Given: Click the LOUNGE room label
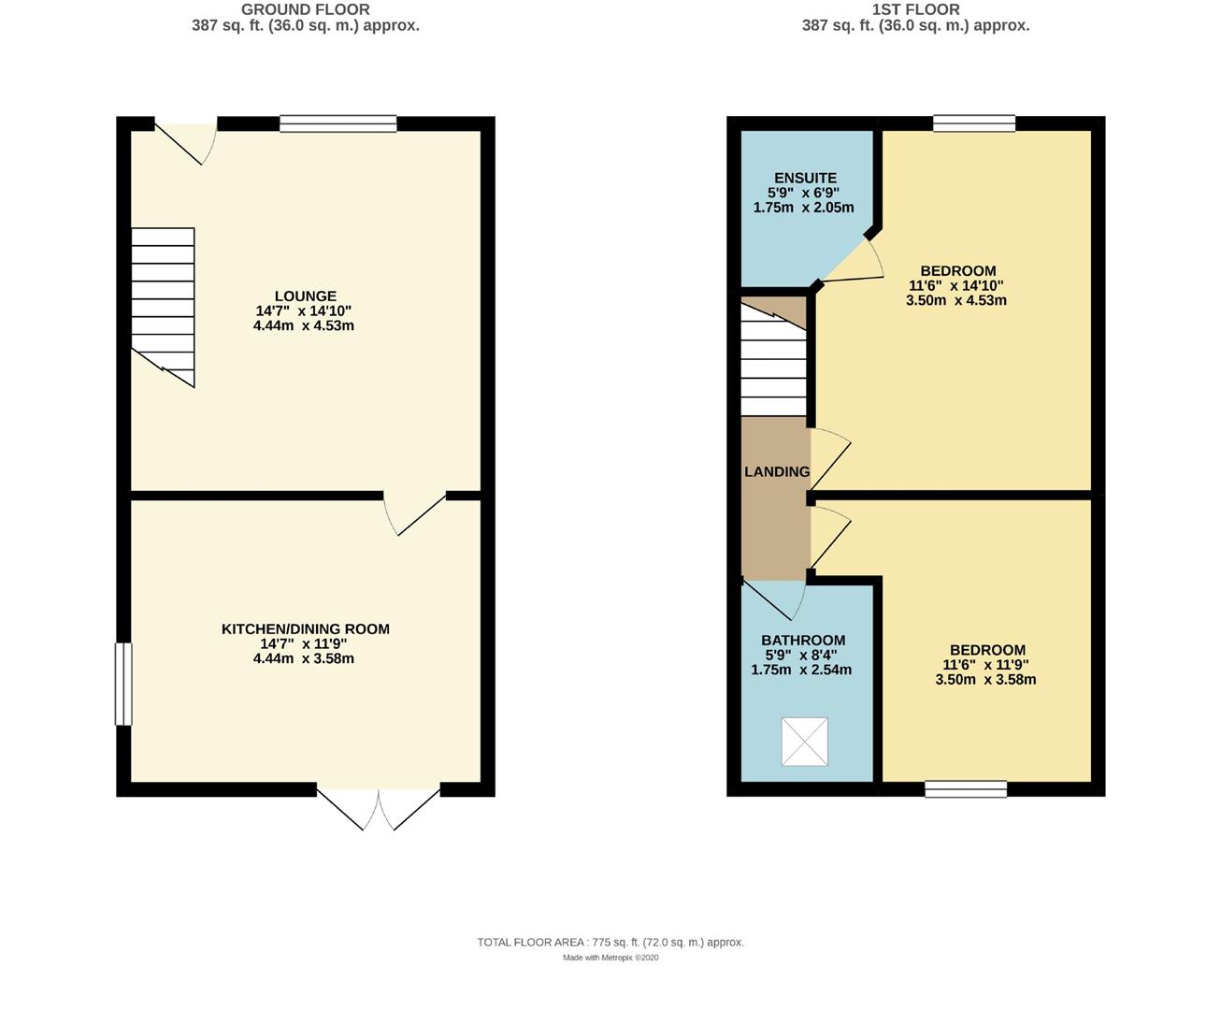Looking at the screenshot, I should coord(305,296).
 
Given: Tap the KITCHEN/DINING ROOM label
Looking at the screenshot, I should coord(305,629).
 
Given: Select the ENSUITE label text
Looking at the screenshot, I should coord(804,178).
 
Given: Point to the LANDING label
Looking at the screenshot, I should coord(776,472).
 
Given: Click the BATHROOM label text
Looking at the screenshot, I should coord(802,641).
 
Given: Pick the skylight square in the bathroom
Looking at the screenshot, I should coord(804,742).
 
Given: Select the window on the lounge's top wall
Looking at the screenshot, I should coord(338,123).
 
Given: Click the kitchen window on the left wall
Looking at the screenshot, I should coord(123,684).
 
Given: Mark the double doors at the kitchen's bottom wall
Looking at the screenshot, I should coord(379,806).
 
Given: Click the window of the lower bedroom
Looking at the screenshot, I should coord(966,789).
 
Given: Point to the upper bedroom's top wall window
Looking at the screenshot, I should coord(973,123).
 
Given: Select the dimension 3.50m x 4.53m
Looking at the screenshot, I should coord(955,301).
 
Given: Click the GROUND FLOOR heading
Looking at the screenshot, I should coord(305,9).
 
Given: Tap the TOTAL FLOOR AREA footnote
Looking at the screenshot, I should coord(610,943).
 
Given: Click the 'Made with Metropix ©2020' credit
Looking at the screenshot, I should coord(610,958).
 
